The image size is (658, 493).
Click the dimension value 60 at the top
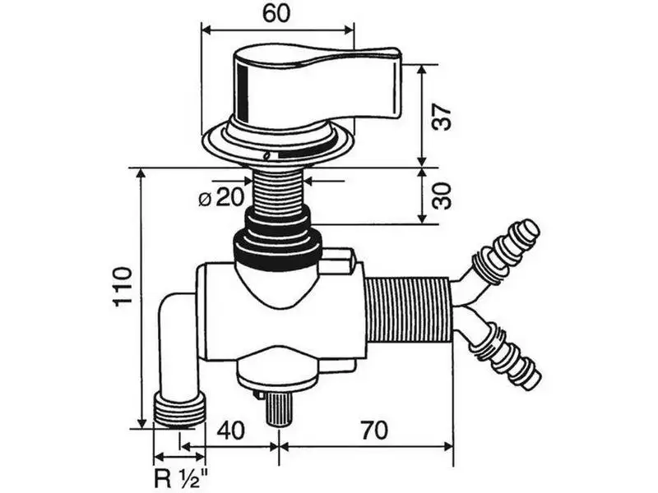276,13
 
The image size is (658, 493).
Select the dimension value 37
443,117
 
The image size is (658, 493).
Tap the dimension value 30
443,196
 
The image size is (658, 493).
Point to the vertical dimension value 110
123,286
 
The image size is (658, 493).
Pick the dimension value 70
374,430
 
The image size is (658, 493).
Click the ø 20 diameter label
221,197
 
